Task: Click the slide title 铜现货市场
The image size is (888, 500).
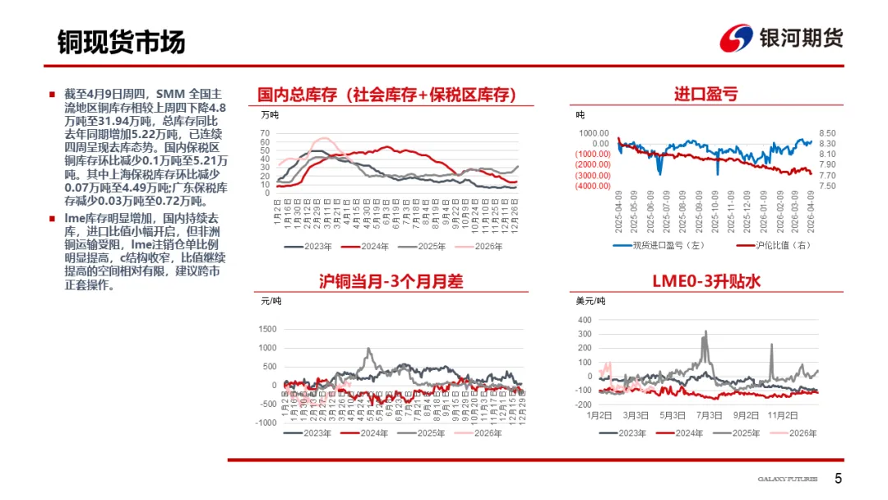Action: [x=121, y=42]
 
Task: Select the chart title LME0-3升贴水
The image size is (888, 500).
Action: [x=705, y=281]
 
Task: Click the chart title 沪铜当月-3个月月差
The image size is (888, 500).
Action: [x=391, y=281]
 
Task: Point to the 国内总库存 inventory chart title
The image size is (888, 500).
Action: [x=386, y=95]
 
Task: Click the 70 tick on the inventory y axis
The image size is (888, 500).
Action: [x=265, y=133]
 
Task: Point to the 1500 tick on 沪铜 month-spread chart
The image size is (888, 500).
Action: [x=267, y=329]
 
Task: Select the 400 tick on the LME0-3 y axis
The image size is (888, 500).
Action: [x=585, y=320]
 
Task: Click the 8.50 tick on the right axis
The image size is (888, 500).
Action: [x=827, y=133]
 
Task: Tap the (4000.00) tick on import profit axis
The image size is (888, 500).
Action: [x=592, y=186]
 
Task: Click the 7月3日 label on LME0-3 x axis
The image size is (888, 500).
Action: [x=710, y=414]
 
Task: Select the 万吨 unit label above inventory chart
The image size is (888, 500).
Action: [x=269, y=115]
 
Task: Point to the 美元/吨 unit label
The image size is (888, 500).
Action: [x=590, y=302]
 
